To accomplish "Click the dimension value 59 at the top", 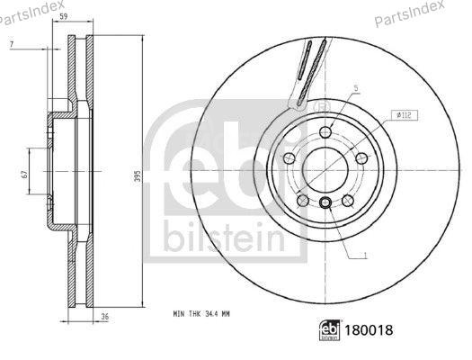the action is click(x=63, y=16).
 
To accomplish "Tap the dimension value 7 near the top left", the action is click(x=12, y=44).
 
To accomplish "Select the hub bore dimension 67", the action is click(x=24, y=174).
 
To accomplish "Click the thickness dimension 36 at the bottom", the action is click(x=104, y=317).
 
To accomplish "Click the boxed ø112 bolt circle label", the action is click(x=405, y=115).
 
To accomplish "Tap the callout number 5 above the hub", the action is click(x=356, y=88).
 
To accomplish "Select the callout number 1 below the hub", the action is click(x=365, y=256).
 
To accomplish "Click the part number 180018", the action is click(x=369, y=330).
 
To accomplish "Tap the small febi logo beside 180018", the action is click(x=330, y=330).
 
